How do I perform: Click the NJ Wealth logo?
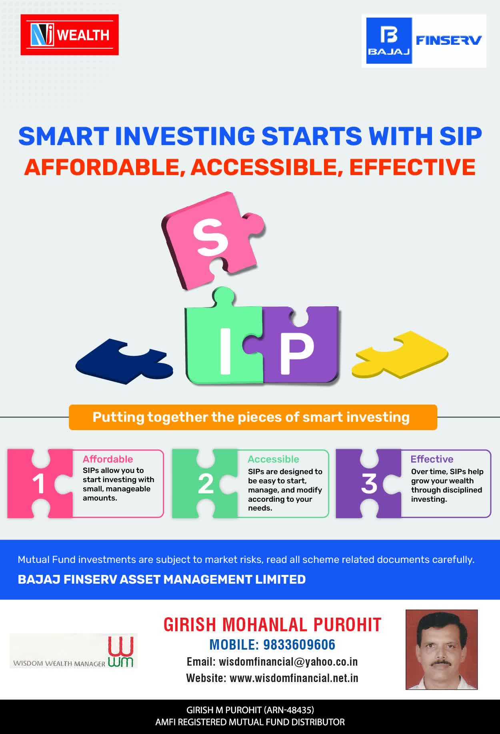[x=70, y=35]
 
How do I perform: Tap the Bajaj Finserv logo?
[x=424, y=41]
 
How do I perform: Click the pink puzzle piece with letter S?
[x=213, y=240]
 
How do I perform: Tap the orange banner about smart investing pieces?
[x=253, y=417]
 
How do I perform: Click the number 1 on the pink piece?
[x=38, y=484]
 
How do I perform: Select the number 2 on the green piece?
[x=206, y=484]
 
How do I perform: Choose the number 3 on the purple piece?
[x=369, y=484]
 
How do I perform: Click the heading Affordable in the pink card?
[x=108, y=459]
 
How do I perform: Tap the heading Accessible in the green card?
[x=273, y=459]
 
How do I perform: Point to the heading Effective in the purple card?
[x=432, y=459]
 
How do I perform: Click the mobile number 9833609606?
[x=299, y=644]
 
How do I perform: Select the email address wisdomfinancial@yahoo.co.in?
[x=288, y=662]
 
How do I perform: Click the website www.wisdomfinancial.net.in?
[x=294, y=678]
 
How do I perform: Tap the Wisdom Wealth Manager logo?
[x=74, y=651]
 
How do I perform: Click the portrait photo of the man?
[x=442, y=650]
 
